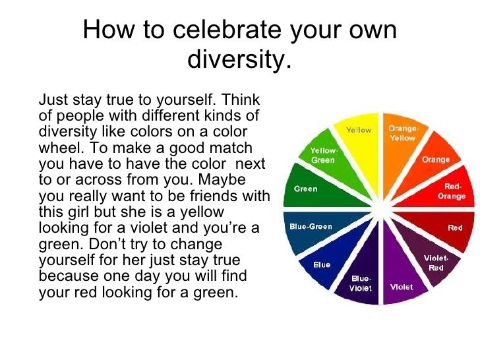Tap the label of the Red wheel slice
pos(455,227)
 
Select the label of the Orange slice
pos(435,159)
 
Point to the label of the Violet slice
pos(402,287)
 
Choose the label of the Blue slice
pos(322,264)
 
